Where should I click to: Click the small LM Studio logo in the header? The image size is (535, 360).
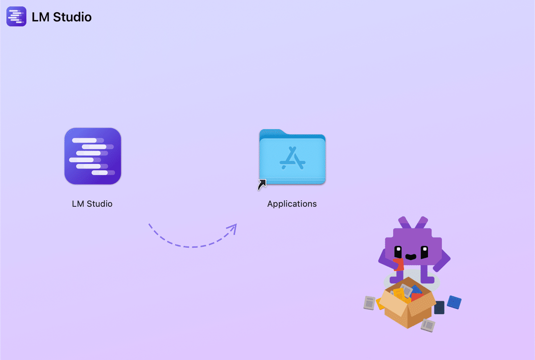(16, 16)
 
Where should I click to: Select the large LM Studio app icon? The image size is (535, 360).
(93, 156)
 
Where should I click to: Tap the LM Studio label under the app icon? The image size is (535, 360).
(92, 204)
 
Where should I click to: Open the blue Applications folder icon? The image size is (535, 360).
(292, 158)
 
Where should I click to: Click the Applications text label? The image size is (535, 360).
(292, 204)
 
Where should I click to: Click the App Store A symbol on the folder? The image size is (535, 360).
(292, 159)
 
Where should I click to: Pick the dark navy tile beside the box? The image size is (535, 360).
(439, 307)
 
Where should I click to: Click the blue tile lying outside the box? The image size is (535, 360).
(454, 302)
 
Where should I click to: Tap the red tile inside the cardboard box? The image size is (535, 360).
(416, 296)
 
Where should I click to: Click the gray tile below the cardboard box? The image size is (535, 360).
(428, 325)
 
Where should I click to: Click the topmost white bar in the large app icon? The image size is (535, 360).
(85, 140)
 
